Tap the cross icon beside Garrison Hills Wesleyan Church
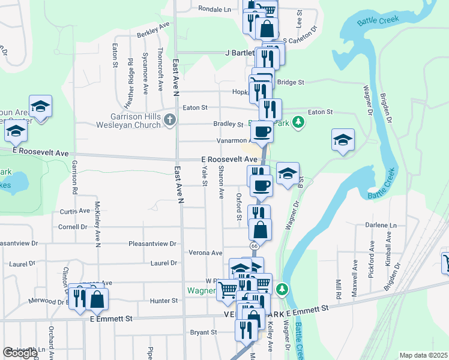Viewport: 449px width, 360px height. [x=170, y=120]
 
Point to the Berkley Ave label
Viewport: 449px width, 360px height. [x=154, y=30]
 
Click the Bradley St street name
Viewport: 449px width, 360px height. [x=228, y=124]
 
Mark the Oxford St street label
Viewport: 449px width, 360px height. [x=239, y=206]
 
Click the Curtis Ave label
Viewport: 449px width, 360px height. [x=74, y=212]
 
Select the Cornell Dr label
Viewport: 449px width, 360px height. [x=73, y=227]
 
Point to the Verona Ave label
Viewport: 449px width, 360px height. [x=206, y=253]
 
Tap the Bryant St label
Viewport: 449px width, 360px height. [x=203, y=332]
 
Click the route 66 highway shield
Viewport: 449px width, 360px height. [x=255, y=246]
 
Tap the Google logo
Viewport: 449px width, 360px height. [x=20, y=353]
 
